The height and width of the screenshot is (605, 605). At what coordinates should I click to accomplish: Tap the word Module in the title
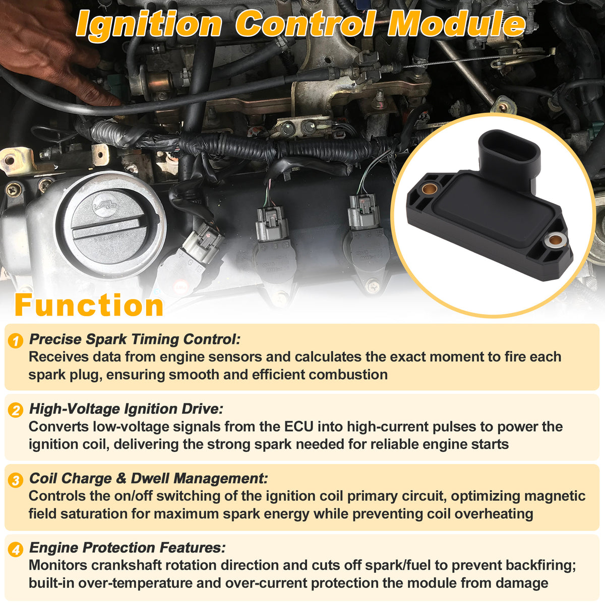(457, 24)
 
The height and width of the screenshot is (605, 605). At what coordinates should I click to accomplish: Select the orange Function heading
(89, 305)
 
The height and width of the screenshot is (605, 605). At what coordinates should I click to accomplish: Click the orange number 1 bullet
(16, 341)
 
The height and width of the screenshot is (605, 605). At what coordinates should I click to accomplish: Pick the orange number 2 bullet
(16, 410)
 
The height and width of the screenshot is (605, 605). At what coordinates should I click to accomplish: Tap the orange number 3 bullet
(16, 480)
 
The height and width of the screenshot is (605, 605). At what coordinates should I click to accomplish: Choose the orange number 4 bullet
(16, 550)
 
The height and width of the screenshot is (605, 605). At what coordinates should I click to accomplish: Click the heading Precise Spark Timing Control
(135, 339)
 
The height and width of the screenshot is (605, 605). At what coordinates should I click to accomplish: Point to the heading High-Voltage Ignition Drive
(126, 409)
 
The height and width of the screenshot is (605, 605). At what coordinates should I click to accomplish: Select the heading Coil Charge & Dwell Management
(149, 478)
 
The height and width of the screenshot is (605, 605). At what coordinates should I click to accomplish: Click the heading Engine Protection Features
(127, 548)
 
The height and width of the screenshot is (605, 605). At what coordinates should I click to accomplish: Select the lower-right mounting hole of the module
(555, 241)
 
